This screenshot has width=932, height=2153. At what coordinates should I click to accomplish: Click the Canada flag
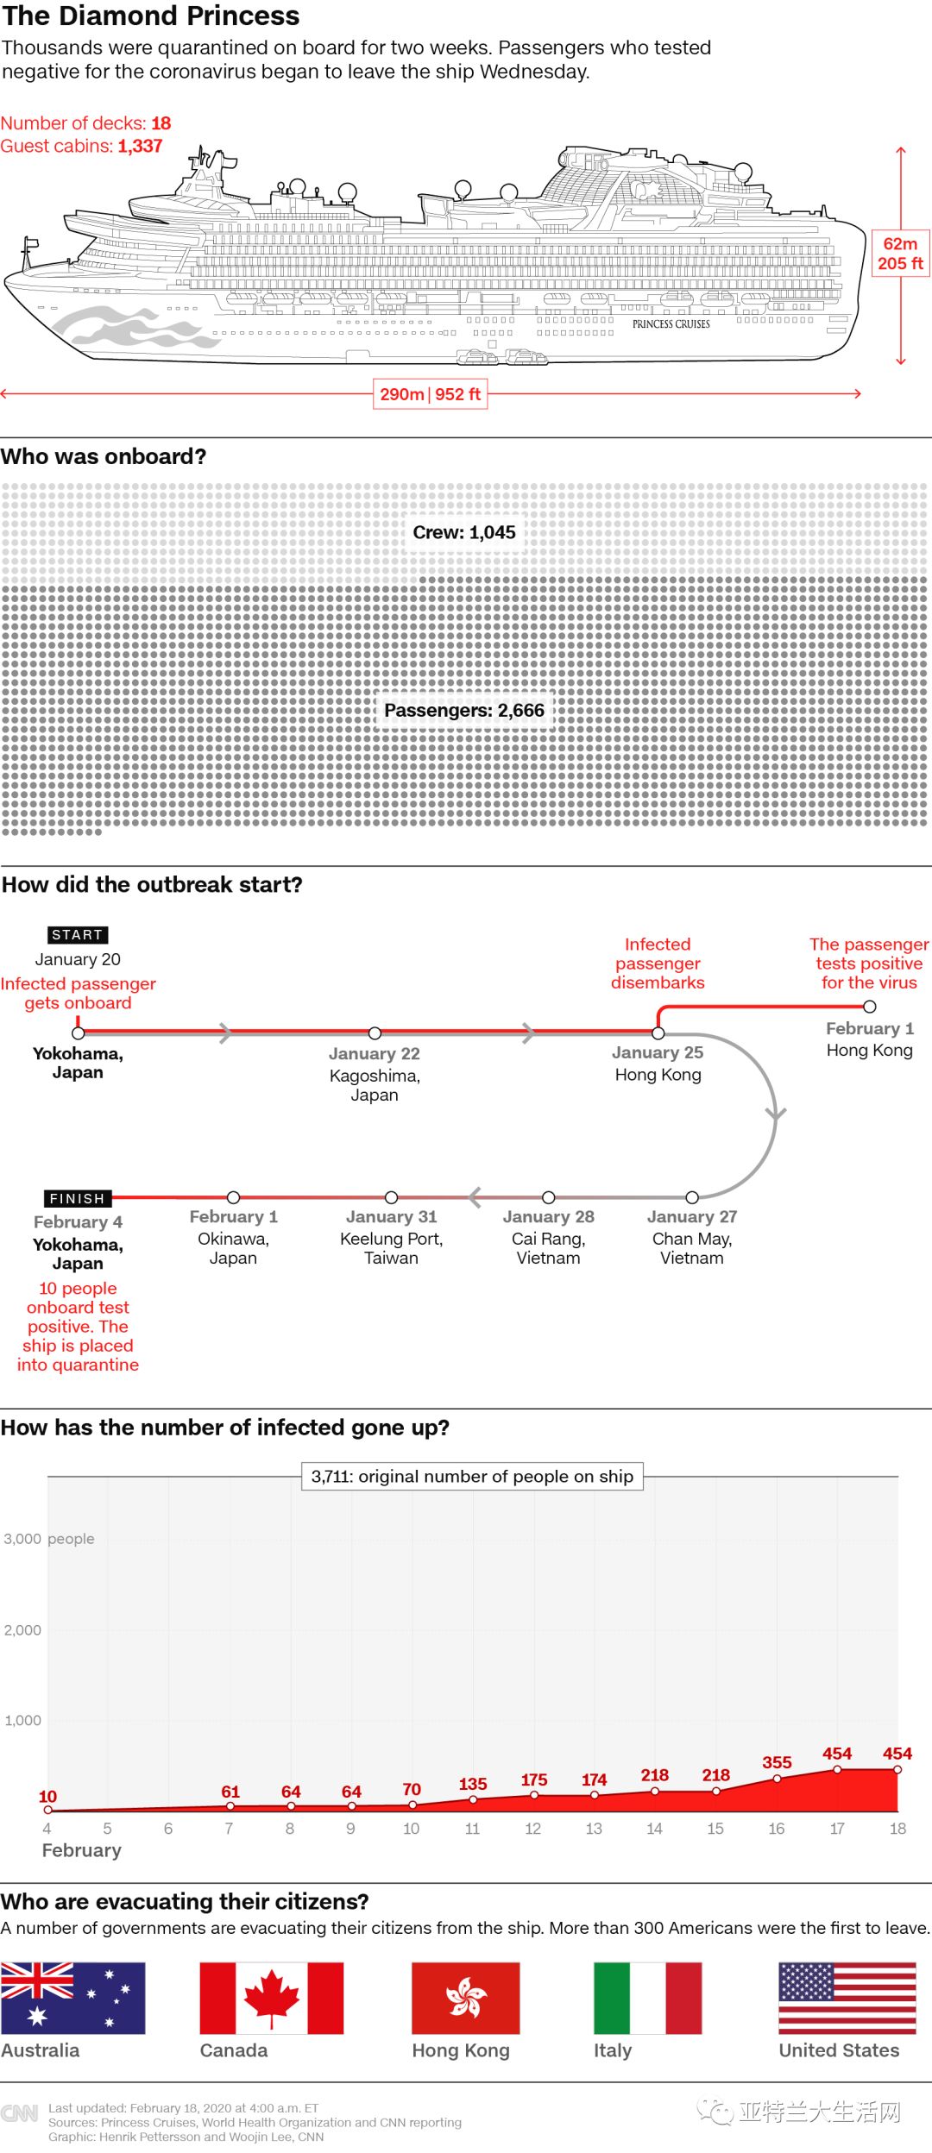[x=271, y=1998]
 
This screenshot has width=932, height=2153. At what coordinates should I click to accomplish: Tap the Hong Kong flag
[x=465, y=1998]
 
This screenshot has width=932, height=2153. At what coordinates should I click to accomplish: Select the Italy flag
[x=647, y=1998]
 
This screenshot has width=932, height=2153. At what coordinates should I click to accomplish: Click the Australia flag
[x=72, y=1998]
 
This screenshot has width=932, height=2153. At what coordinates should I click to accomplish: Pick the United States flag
[x=847, y=1998]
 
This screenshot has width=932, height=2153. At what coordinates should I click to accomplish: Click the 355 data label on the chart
[x=777, y=1762]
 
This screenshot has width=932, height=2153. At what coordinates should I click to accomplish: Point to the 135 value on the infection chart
[x=473, y=1784]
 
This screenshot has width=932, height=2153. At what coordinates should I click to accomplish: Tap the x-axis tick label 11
[x=472, y=1829]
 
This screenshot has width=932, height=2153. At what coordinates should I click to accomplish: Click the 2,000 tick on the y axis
[x=22, y=1630]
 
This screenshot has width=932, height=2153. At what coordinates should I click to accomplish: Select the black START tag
[x=78, y=935]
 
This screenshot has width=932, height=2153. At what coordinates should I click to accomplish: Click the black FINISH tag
[x=78, y=1198]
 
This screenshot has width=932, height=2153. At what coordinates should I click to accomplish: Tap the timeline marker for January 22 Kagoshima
[x=375, y=1033]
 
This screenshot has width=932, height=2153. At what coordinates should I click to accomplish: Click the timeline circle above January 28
[x=549, y=1197]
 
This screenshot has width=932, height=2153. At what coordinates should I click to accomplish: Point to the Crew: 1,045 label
[x=464, y=532]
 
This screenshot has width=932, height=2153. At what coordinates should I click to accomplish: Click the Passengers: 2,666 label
[x=464, y=711]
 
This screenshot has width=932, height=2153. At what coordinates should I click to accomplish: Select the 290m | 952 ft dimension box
[x=430, y=394]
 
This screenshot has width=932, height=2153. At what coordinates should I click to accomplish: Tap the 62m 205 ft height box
[x=900, y=254]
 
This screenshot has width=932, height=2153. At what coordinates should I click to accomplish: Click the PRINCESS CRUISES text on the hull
[x=671, y=324]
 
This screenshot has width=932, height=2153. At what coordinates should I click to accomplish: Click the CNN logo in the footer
[x=20, y=2113]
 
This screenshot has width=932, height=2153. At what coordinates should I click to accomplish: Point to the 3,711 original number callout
[x=472, y=1476]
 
